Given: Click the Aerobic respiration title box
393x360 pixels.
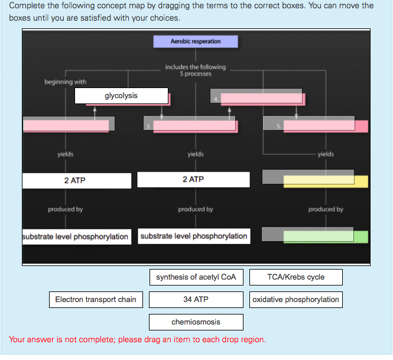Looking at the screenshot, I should pos(196,41).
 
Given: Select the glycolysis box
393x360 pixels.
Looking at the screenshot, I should pos(121,96).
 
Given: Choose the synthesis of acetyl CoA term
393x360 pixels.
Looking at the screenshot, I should pos(196,277).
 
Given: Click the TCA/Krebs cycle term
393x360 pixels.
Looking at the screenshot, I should pos(295,277).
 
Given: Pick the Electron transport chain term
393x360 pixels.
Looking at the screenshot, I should pos(96,300).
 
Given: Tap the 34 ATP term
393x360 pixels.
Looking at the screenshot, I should pos(196,300).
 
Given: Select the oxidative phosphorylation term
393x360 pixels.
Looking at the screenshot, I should pos(295,300).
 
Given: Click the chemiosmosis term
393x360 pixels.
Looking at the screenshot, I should pos(196,322).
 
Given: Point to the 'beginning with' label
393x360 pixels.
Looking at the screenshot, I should pos(65,82).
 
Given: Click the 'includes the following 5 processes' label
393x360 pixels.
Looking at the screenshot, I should pos(195,70).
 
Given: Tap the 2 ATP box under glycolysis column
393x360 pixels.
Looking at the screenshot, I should pos(76,180).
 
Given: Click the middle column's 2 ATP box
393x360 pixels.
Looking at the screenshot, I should pos(193,179).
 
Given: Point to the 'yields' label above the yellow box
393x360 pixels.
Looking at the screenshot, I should pos(326,154).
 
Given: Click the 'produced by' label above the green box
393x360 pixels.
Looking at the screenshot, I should pos(326,209).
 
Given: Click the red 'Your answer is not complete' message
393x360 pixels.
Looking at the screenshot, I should pos(137,340).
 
